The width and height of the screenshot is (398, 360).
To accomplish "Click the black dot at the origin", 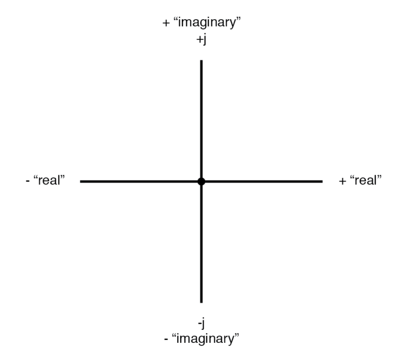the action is (201, 182).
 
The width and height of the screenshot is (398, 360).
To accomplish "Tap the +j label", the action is (201, 39).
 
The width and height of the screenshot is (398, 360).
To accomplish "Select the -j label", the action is (201, 324).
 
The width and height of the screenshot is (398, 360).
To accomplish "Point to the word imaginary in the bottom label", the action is (205, 339).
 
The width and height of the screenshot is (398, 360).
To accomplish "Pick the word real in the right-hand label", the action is (365, 181).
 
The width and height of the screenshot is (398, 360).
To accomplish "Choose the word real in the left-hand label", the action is (49, 181).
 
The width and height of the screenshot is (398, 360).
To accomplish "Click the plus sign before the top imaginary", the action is (166, 23).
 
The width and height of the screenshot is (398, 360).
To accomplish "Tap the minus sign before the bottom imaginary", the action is (166, 339).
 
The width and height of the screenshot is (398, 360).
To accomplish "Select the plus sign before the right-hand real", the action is (342, 181).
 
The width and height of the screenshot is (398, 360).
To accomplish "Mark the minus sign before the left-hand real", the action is (27, 181).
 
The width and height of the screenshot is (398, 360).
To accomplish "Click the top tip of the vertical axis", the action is (201, 60).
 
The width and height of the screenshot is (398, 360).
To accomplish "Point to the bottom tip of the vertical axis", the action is (201, 303).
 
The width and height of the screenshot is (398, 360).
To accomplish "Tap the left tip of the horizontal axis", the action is (80, 182).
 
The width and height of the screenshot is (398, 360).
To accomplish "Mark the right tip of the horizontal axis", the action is (323, 182).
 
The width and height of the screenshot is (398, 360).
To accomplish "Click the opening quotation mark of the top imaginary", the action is (176, 19).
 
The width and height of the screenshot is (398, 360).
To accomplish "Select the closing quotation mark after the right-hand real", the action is (379, 177).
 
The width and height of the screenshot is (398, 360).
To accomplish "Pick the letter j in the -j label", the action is (203, 324).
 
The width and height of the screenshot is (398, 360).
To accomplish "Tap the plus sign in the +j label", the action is (199, 39).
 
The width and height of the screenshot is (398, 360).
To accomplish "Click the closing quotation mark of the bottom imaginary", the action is (236, 335).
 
